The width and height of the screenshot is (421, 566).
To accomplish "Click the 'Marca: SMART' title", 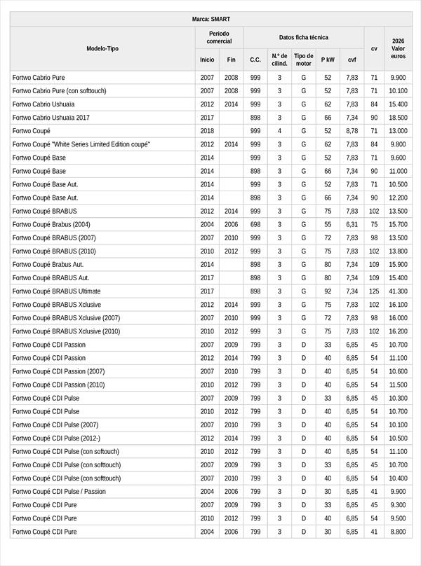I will [x=210, y=19].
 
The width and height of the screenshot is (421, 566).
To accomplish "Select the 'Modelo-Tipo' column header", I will [x=102, y=48].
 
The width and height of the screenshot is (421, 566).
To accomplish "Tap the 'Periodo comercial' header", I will [x=219, y=38].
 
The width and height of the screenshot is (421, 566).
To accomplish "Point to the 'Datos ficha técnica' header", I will [x=303, y=37].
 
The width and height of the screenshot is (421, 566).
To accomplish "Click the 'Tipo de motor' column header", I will [x=303, y=60].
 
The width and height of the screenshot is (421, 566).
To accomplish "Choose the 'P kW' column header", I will [x=328, y=60].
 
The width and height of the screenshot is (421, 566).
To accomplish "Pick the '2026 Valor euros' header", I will [x=398, y=48].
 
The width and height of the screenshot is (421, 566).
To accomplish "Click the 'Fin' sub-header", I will [x=231, y=60].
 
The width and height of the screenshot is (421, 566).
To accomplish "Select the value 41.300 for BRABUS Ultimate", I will [x=398, y=291].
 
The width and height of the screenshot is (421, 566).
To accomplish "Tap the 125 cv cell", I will [x=374, y=291].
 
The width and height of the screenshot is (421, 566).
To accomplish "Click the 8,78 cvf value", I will [x=352, y=131].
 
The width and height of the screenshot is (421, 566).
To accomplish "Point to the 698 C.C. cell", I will [x=255, y=224].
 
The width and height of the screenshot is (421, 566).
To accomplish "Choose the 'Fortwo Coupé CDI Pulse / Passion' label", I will [x=59, y=492].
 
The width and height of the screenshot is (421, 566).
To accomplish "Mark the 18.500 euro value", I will [x=398, y=118].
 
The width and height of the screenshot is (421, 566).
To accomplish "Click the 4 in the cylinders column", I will [x=279, y=131].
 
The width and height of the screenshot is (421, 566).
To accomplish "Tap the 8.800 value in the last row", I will [x=398, y=532].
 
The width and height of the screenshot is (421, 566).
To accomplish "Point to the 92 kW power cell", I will [x=328, y=291].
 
